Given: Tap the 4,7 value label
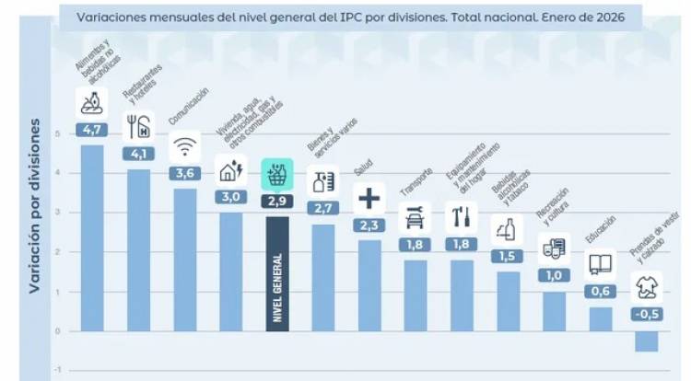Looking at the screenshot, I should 92,130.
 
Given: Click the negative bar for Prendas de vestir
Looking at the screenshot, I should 646,341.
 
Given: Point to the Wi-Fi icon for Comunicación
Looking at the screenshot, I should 185,144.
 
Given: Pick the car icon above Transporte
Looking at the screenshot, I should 415,218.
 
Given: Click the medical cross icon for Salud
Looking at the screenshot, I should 369,197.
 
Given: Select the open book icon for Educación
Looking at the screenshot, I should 601,265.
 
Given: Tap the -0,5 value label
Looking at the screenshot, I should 646,314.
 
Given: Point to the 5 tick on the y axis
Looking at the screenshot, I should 57,133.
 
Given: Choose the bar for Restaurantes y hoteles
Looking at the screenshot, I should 138,249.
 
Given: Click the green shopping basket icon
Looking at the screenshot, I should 275,173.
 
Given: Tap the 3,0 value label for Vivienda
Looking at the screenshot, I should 230,197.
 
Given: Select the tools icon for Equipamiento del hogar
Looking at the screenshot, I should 461,217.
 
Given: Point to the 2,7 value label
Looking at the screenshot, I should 322,208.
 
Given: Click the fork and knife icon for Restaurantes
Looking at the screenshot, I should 138,125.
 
